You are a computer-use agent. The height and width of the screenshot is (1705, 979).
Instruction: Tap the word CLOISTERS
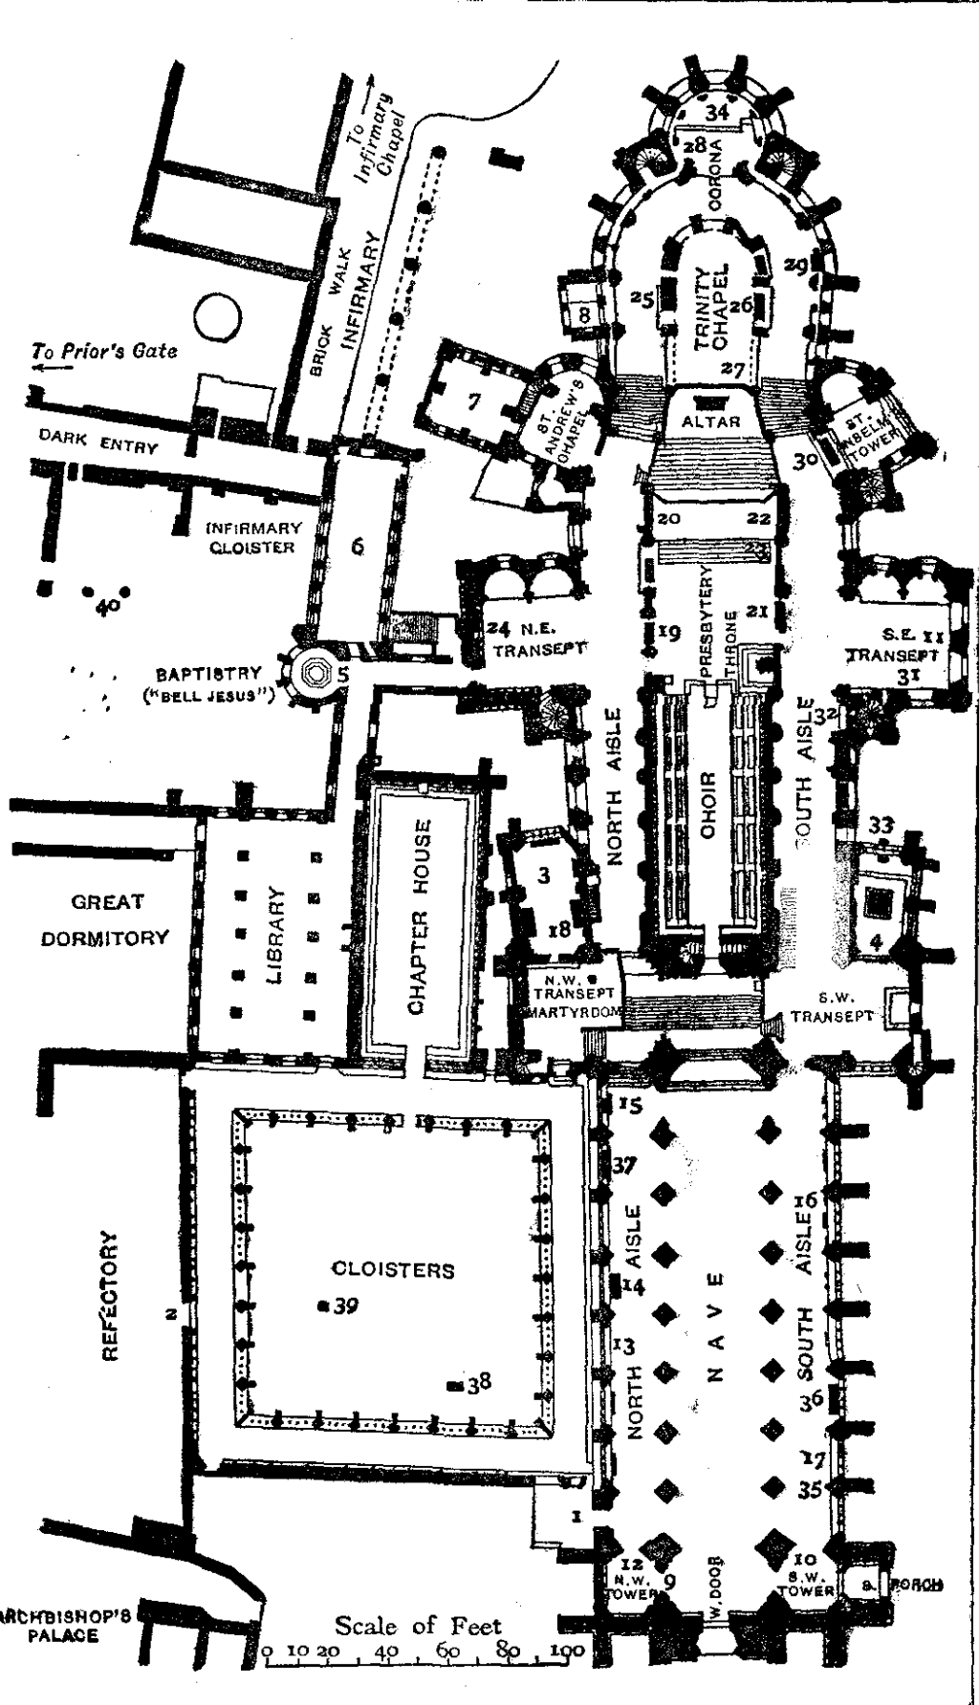[x=392, y=1270]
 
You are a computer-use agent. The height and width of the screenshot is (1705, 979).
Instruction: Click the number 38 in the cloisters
[x=479, y=1381]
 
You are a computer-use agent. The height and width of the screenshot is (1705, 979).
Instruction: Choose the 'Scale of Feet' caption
[x=417, y=1625]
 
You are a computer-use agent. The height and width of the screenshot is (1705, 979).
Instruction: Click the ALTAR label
[x=710, y=421]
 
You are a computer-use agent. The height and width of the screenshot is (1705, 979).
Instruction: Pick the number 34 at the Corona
[x=717, y=113]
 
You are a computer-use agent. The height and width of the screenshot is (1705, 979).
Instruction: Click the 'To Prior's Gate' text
[x=104, y=351]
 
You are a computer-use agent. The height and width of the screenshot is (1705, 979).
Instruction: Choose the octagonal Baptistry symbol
[x=315, y=673]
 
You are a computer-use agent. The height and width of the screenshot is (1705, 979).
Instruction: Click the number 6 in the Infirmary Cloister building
[x=358, y=547]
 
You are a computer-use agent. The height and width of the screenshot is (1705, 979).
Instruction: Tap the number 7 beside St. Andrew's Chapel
[x=472, y=401]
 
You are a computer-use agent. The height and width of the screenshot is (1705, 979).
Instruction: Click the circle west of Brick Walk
[x=216, y=316]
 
